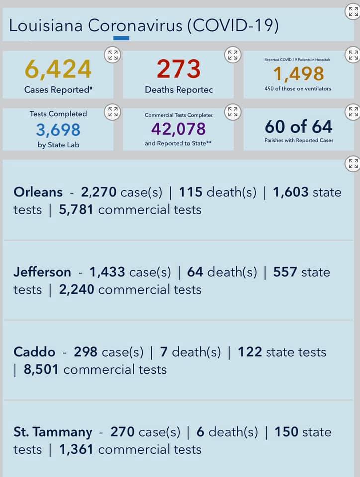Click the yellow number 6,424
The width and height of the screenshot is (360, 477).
58,69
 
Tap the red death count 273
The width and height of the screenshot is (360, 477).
179,69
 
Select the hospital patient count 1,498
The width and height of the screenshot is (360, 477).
298,74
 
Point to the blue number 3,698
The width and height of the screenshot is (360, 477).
58,130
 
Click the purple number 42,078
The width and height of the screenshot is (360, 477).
179,129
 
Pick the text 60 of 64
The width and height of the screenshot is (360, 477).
298,127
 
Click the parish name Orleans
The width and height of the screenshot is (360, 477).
38,192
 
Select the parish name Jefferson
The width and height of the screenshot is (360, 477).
42,272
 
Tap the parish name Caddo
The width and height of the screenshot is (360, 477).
34,352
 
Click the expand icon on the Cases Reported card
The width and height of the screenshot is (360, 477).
113,55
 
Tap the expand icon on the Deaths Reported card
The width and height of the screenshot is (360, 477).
233,55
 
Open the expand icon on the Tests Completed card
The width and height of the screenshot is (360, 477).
113,112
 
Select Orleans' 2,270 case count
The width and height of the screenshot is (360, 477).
98,192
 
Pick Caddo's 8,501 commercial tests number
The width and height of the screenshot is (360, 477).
41,370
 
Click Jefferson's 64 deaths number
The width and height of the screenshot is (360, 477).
195,272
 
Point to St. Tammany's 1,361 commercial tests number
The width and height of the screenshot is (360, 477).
76,450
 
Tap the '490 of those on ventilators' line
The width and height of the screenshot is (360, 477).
298,89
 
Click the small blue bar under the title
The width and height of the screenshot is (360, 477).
121,38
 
